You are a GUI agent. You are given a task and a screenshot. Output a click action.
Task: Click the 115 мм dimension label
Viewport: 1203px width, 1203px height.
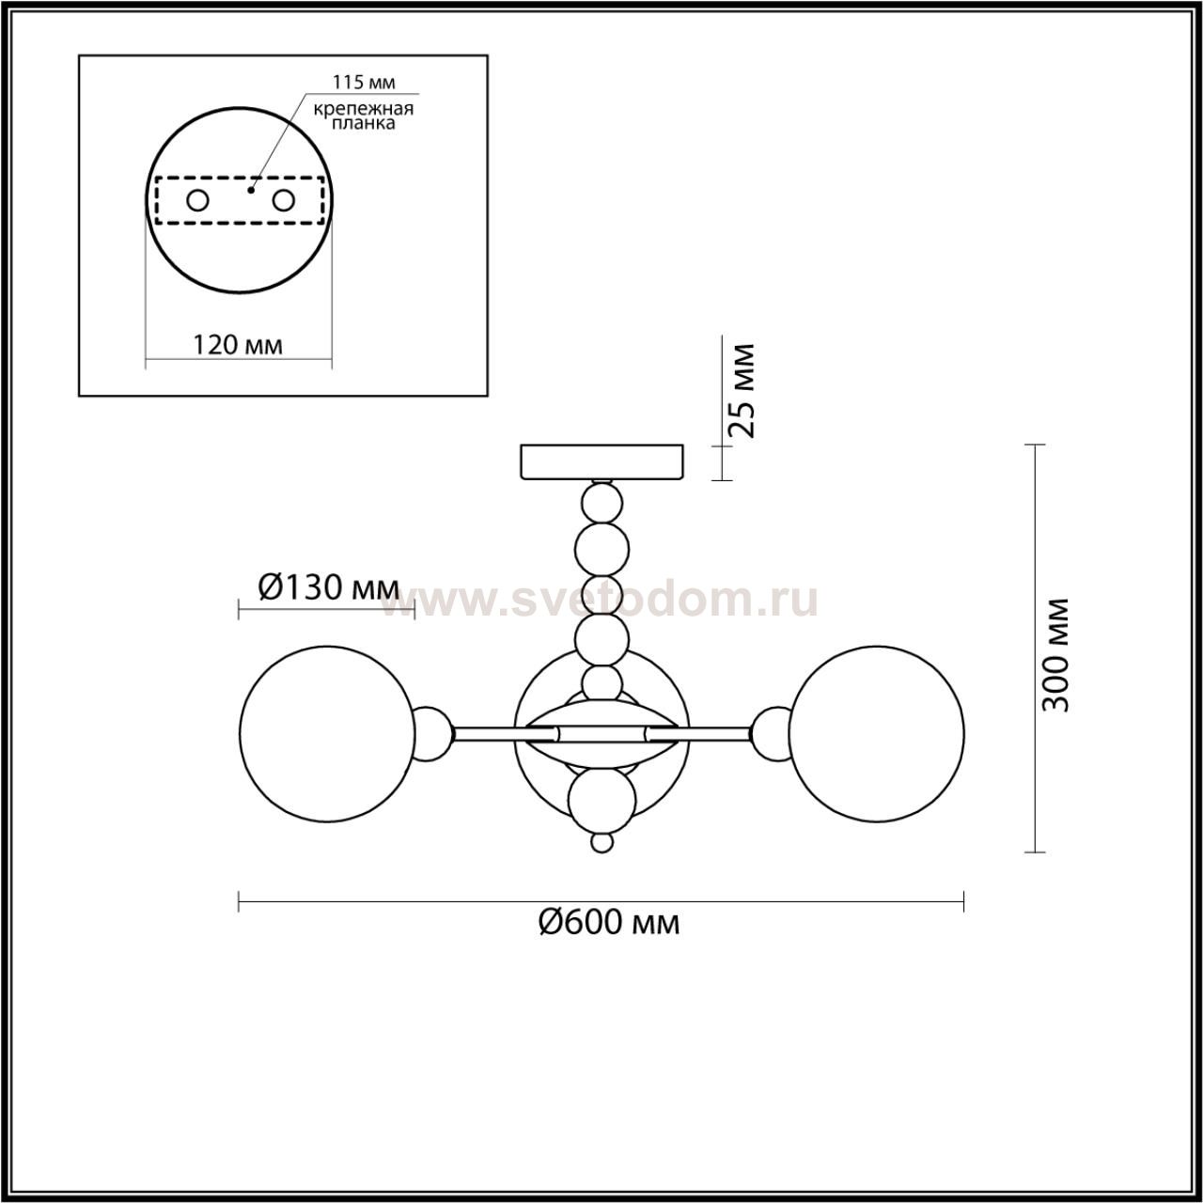[x=364, y=82]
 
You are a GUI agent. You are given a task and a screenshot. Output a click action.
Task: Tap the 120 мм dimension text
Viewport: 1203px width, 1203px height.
[x=237, y=344]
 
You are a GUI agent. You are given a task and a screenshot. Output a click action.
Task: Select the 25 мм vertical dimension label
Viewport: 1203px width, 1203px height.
[x=742, y=390]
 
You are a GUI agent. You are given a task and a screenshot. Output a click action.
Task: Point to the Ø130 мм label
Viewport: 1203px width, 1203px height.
[x=328, y=586]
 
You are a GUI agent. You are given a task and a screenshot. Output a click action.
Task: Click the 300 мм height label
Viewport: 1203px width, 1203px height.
[x=1056, y=655]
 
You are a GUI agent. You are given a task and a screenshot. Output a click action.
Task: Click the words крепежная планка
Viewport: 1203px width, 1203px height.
[x=364, y=117]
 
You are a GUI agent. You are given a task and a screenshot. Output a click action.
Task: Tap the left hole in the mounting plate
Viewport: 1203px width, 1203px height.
[x=198, y=201]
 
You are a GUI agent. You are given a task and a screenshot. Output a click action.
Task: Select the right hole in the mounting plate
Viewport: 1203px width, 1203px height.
[x=283, y=201]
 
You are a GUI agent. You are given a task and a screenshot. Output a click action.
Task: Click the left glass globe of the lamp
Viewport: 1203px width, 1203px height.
[x=326, y=733]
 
